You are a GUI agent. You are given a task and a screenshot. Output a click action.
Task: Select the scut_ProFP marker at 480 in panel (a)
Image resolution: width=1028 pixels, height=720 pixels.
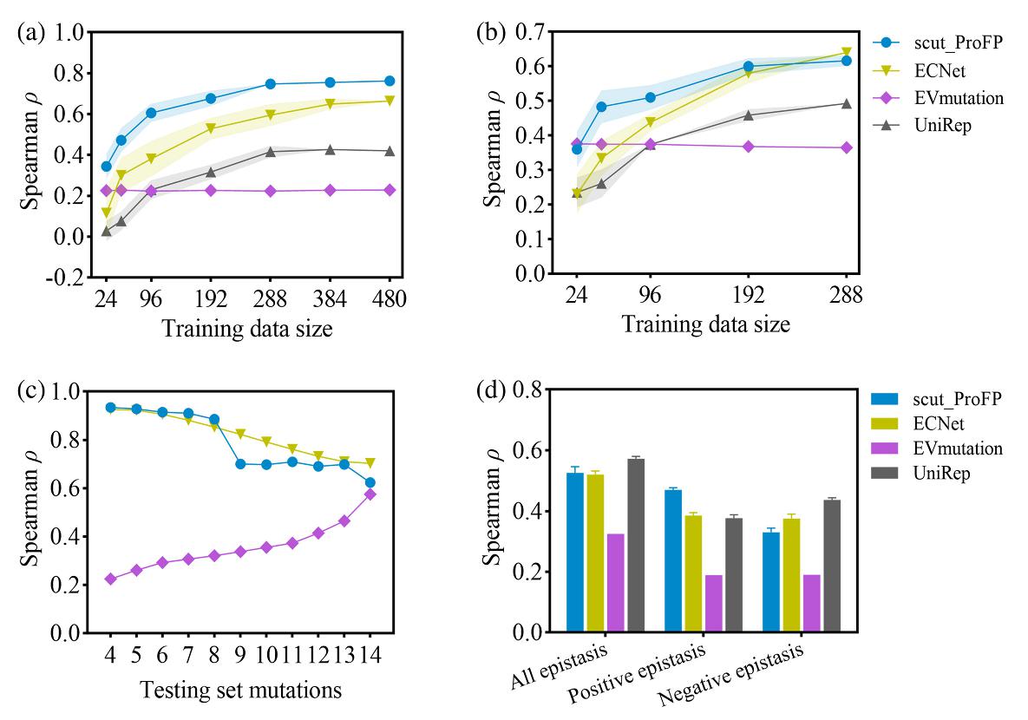pos(390,81)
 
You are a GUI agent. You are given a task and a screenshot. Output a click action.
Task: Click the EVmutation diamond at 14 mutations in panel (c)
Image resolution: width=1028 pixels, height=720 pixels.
pos(370,494)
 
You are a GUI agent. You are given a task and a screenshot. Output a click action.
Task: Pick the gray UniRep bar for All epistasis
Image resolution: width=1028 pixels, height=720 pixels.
pos(636,546)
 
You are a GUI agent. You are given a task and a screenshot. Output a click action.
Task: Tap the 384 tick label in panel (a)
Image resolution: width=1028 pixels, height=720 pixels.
pos(330,298)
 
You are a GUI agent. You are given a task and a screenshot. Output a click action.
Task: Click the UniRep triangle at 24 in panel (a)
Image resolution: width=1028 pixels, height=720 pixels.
pos(106,231)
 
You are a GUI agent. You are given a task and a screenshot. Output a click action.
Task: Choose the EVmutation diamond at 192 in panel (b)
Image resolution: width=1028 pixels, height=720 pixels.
pos(749,146)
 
